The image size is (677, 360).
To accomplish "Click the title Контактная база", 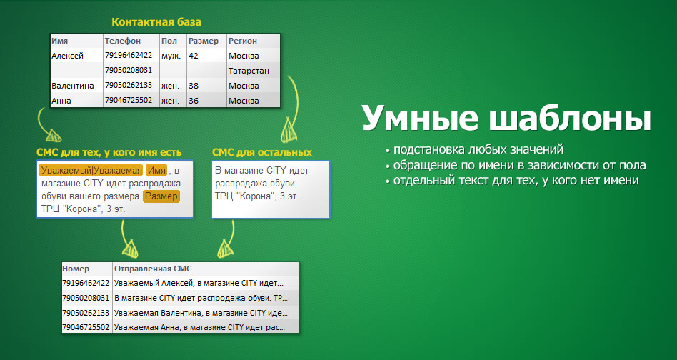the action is click(x=156, y=22).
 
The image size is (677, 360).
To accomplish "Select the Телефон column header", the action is click(x=123, y=41).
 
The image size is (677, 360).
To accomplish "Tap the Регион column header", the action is click(x=243, y=41).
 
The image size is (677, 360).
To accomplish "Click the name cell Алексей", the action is click(x=67, y=56).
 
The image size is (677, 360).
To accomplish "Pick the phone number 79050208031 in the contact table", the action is click(x=129, y=71).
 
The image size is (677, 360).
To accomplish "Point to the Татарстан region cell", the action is click(x=249, y=71).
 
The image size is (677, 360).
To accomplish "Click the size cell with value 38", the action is click(x=194, y=86).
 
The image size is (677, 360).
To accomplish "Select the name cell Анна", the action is click(x=61, y=101).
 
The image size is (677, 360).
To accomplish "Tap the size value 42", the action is click(x=194, y=56).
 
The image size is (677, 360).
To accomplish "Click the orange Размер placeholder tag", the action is click(x=161, y=197).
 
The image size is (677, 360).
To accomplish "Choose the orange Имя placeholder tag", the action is click(x=156, y=171).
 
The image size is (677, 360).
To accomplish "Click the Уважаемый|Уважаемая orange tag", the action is click(x=91, y=171).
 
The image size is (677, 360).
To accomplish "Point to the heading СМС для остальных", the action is click(x=262, y=152).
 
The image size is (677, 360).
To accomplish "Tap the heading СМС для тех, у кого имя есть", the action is click(x=109, y=153).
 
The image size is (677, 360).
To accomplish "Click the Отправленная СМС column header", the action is click(x=153, y=269).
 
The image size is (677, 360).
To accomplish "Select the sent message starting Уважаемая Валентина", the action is click(x=201, y=313).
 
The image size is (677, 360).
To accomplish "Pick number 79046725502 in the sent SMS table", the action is click(x=86, y=327).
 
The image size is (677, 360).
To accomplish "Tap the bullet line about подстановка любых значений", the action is click(x=475, y=150).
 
